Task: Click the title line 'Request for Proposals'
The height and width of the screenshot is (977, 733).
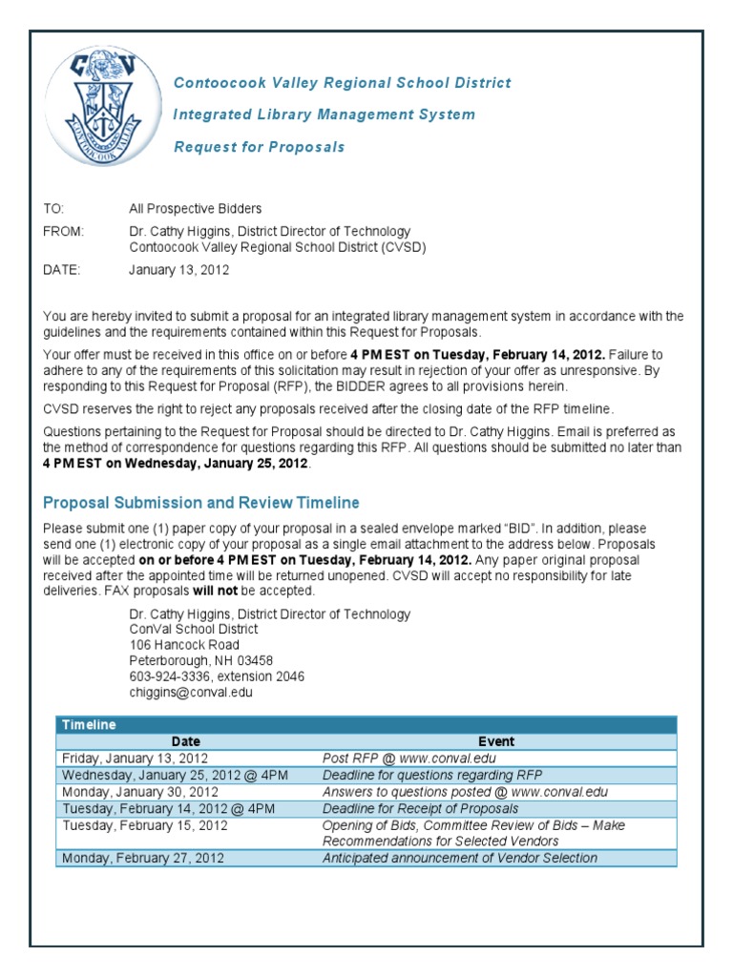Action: pyautogui.click(x=259, y=147)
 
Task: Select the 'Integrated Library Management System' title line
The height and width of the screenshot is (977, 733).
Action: pyautogui.click(x=324, y=114)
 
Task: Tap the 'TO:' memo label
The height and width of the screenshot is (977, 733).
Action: pyautogui.click(x=55, y=208)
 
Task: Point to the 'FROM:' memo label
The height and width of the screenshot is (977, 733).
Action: pyautogui.click(x=64, y=231)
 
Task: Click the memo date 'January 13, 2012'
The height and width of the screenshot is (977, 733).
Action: pyautogui.click(x=178, y=270)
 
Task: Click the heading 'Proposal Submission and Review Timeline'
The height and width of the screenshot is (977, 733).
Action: pyautogui.click(x=201, y=503)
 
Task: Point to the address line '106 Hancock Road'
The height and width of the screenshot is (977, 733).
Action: pyautogui.click(x=184, y=645)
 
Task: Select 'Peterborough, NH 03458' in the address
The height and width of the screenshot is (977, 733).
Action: pyautogui.click(x=201, y=660)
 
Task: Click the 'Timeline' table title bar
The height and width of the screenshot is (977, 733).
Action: pyautogui.click(x=366, y=725)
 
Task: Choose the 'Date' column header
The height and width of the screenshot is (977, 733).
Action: pyautogui.click(x=186, y=741)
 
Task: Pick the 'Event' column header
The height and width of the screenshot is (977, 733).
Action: pyautogui.click(x=496, y=741)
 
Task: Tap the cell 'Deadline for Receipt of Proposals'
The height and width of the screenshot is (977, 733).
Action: pyautogui.click(x=421, y=808)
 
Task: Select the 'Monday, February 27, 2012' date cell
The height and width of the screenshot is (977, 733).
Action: pyautogui.click(x=143, y=858)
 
